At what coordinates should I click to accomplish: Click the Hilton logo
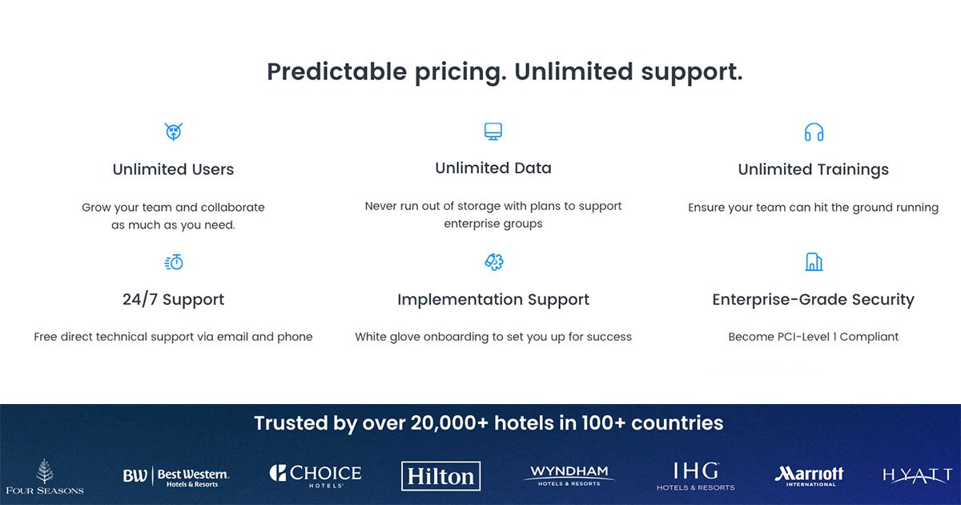440,476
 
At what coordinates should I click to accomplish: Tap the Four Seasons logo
45,477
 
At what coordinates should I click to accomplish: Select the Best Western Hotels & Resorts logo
176,477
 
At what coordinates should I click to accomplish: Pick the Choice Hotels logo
316,476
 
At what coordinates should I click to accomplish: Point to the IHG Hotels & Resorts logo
695,476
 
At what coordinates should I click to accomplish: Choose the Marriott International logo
809,476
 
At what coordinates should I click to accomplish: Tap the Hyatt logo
917,475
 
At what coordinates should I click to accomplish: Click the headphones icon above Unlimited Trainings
814,132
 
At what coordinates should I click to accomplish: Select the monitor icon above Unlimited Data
493,131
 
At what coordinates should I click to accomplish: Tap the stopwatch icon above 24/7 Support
174,262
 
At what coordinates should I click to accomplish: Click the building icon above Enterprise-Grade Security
814,262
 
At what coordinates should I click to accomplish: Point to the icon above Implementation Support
494,262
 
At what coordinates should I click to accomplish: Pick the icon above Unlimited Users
173,131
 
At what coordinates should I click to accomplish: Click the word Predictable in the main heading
337,71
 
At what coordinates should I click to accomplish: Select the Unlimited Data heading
493,168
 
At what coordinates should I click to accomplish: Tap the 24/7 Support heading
173,299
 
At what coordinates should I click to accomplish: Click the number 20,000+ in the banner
449,423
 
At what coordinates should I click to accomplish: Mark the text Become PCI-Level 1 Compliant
814,337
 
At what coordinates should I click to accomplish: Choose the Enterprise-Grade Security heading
814,299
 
